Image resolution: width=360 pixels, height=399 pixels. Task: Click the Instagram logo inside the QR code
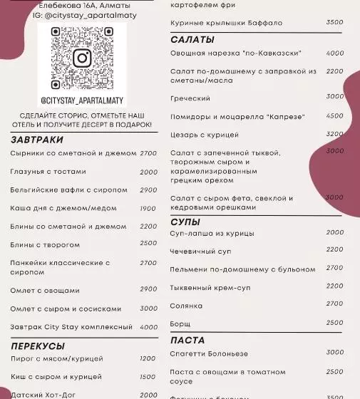[82, 58]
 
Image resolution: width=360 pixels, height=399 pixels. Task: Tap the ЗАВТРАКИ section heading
[37, 140]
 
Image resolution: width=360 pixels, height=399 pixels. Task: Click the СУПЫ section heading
[185, 222]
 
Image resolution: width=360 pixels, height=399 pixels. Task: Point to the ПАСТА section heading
[187, 340]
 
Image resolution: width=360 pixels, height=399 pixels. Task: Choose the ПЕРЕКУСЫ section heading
[38, 346]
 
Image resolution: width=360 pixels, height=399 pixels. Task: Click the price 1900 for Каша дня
[148, 209]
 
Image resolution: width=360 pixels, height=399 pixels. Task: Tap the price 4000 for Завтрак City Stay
[148, 327]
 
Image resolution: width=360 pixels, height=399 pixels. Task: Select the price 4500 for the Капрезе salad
[334, 115]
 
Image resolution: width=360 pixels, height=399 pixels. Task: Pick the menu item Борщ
[180, 323]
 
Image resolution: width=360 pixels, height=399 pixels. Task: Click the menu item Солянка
[187, 305]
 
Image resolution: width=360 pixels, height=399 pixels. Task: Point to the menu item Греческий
[190, 98]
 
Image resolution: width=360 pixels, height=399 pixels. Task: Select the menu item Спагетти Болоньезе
[210, 353]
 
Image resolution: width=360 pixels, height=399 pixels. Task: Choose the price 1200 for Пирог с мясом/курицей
[148, 358]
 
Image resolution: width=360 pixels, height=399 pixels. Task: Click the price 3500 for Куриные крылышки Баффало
[334, 23]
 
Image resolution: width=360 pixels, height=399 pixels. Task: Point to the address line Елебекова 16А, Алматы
[79, 6]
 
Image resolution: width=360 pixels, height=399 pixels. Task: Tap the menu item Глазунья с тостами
[48, 172]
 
